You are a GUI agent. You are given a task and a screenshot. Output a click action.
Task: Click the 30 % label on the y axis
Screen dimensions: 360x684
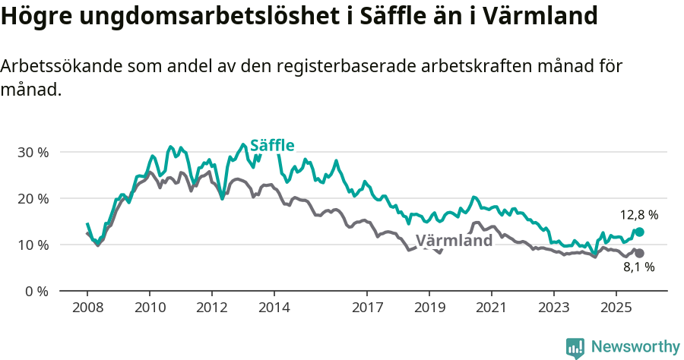(33, 152)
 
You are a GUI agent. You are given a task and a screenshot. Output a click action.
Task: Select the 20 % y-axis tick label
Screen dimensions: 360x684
(33, 198)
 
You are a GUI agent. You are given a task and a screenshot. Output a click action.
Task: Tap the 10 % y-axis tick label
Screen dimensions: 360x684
(33, 245)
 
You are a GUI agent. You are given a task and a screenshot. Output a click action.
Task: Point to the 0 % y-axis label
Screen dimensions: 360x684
(36, 291)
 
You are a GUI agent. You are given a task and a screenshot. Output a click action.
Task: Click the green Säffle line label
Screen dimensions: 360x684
(272, 145)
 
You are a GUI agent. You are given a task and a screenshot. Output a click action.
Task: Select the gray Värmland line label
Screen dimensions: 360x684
(454, 241)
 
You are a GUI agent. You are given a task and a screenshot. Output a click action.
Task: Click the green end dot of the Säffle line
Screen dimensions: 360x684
(639, 232)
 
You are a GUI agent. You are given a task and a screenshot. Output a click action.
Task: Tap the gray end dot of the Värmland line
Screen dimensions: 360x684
(639, 253)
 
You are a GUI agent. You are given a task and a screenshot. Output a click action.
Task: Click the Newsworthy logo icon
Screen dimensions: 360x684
(575, 347)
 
